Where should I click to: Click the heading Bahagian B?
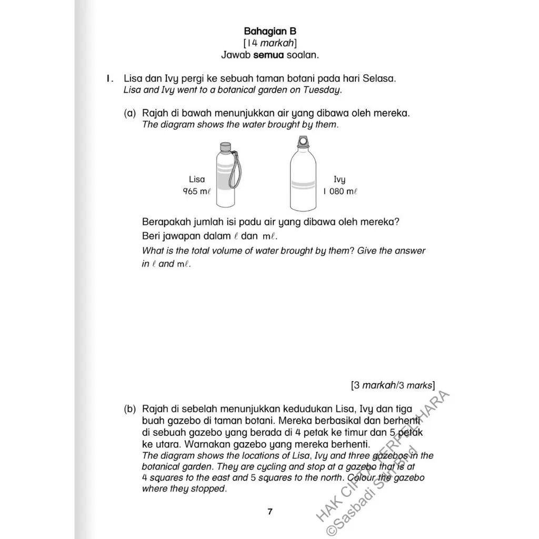pyautogui.click(x=270, y=32)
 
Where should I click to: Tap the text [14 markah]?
pyautogui.click(x=270, y=43)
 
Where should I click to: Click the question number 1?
pyautogui.click(x=109, y=78)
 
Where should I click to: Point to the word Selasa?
pyautogui.click(x=377, y=78)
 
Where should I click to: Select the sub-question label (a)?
pyautogui.click(x=131, y=113)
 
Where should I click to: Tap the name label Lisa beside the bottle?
pyautogui.click(x=197, y=179)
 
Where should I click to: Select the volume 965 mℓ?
pyautogui.click(x=197, y=192)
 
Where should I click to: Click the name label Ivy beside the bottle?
pyautogui.click(x=340, y=179)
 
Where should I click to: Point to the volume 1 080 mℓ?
pyautogui.click(x=340, y=192)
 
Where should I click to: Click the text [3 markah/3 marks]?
pyautogui.click(x=393, y=385)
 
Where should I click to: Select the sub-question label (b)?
pyautogui.click(x=131, y=409)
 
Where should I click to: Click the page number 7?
pyautogui.click(x=270, y=511)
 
